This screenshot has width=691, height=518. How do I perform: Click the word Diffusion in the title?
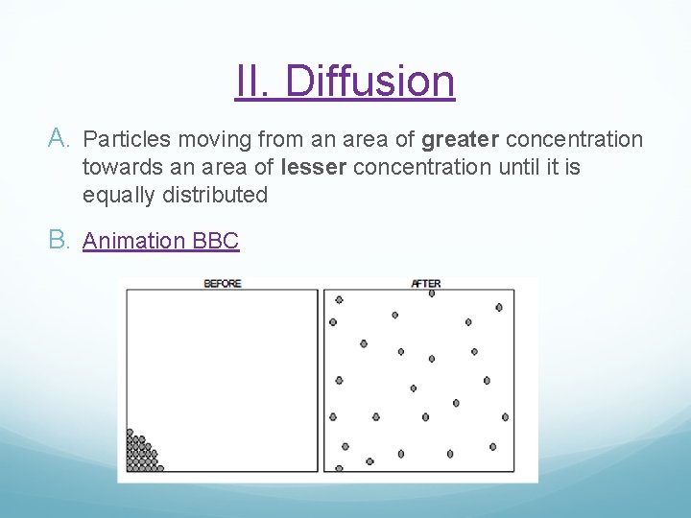pos(369,82)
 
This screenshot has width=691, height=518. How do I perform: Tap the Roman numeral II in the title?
pos(254,82)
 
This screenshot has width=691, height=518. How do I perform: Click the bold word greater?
pos(460,140)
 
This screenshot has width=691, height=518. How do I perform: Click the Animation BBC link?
pos(160,241)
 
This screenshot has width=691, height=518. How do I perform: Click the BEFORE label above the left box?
pos(222,283)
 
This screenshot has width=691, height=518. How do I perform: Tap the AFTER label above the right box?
pos(425,283)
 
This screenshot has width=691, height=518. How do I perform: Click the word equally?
pos(118,195)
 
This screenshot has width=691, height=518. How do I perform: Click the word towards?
pos(121,168)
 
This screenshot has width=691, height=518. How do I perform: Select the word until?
pos(512,168)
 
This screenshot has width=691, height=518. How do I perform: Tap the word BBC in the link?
pos(216,241)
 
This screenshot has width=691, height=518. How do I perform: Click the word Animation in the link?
pos(134,241)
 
